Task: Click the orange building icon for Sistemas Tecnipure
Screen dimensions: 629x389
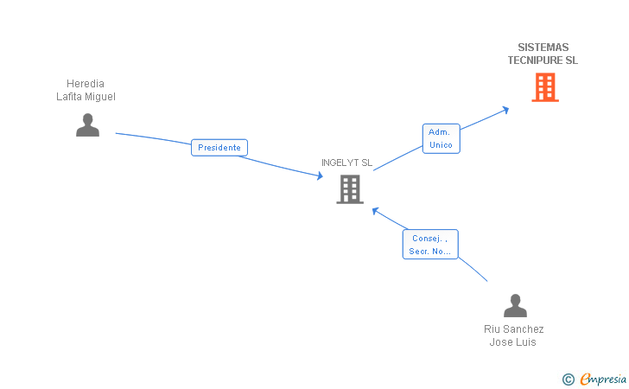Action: (544, 87)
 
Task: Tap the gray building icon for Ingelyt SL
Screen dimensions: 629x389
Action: (349, 188)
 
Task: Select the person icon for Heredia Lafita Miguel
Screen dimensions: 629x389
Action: (87, 125)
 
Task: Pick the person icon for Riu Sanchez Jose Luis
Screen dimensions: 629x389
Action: (515, 306)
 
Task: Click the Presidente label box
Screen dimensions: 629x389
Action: (219, 148)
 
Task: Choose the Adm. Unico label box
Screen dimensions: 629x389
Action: (441, 138)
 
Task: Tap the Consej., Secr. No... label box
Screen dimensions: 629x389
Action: (430, 245)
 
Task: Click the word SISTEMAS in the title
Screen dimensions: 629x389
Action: (543, 48)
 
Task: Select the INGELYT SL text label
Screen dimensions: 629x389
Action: (346, 163)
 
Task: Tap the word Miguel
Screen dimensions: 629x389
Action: (99, 97)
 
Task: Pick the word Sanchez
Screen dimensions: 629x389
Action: (524, 328)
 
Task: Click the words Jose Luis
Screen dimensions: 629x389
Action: (513, 341)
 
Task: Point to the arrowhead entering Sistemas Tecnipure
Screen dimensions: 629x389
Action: (505, 109)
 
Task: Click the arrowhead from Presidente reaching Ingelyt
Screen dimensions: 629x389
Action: (319, 175)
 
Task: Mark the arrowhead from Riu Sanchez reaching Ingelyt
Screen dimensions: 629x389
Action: (376, 210)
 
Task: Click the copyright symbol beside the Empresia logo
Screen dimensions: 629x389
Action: (568, 379)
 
